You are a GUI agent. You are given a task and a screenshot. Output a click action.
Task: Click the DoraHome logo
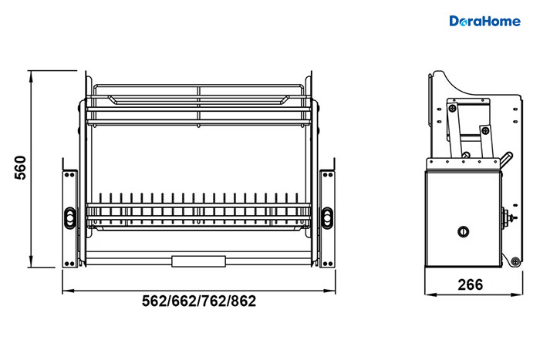pyautogui.click(x=485, y=21)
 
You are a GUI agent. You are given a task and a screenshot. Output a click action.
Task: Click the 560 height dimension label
pyautogui.click(x=21, y=167)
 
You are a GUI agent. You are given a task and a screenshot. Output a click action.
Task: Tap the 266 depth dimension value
pyautogui.click(x=470, y=284)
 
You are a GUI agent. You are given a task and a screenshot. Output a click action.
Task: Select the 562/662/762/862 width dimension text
pyautogui.click(x=199, y=301)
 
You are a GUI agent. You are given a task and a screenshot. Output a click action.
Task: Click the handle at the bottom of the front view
pyautogui.click(x=199, y=261)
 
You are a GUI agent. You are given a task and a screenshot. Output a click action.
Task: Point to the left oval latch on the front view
pyautogui.click(x=70, y=217)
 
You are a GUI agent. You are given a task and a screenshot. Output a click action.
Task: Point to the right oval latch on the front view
pyautogui.click(x=327, y=217)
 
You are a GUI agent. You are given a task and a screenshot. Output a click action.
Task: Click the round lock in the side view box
pyautogui.click(x=463, y=231)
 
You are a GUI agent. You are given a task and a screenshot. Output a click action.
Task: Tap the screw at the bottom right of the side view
pyautogui.click(x=515, y=261)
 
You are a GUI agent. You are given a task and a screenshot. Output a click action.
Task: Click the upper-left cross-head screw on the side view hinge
pyautogui.click(x=453, y=109)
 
